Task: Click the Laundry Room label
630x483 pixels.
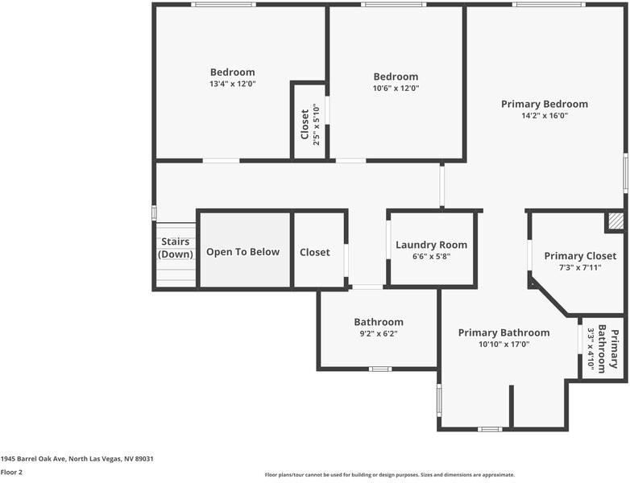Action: coord(431,245)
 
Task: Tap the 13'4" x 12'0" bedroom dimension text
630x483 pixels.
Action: coord(232,84)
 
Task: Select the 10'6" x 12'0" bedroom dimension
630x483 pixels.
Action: coord(396,89)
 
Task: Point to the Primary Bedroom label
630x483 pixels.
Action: coord(545,104)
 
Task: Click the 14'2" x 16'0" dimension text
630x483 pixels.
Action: coord(545,115)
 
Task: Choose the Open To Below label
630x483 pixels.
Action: coord(242,252)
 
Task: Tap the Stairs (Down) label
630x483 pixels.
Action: coord(175,248)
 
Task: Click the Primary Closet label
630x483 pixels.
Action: coord(580,256)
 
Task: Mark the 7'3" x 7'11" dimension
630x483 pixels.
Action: coord(580,267)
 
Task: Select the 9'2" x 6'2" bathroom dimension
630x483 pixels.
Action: coord(379,333)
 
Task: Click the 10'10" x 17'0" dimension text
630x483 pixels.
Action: coord(504,344)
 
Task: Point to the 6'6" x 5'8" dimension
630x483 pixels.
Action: coord(431,257)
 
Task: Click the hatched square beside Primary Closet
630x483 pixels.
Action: coord(615,221)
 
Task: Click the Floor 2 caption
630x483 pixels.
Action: coord(11,473)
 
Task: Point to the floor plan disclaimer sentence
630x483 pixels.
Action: coord(389,475)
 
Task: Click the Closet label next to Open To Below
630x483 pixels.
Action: coord(315,252)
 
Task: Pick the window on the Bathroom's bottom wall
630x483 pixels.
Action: coord(380,369)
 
